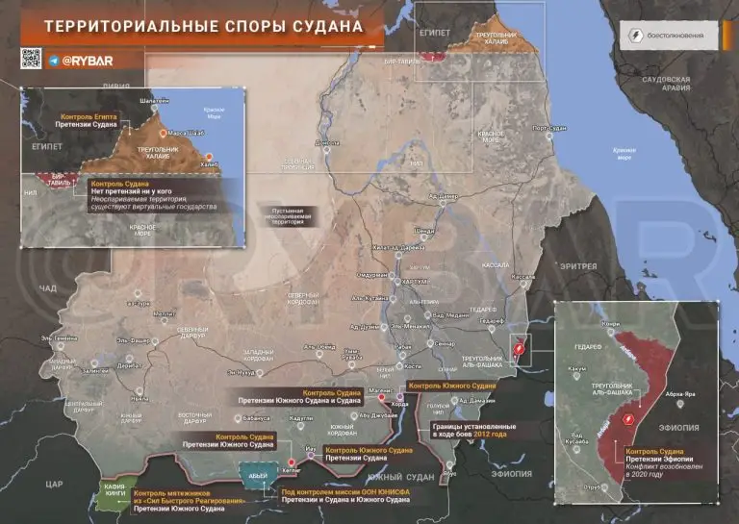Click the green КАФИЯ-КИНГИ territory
(115, 492)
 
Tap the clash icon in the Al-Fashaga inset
(627, 419)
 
